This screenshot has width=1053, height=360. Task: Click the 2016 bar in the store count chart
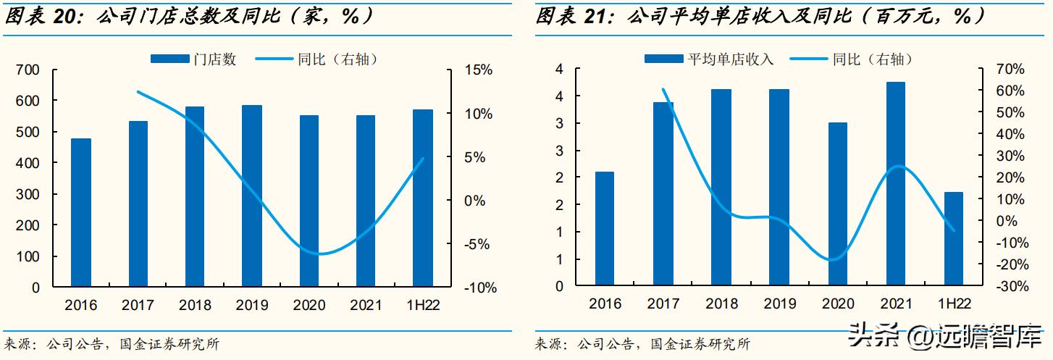[x=81, y=212]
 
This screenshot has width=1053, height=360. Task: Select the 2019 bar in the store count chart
[x=252, y=196]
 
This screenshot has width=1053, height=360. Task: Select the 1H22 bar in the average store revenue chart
[x=954, y=239]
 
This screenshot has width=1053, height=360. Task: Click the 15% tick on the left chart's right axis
[x=479, y=70]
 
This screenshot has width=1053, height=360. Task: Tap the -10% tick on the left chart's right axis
[x=477, y=288]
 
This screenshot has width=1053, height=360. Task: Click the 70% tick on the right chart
[x=1010, y=70]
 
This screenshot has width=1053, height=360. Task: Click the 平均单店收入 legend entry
[x=710, y=59]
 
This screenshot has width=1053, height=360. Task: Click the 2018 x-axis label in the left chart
[x=195, y=305]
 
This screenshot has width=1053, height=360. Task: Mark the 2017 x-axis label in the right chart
[x=663, y=304]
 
